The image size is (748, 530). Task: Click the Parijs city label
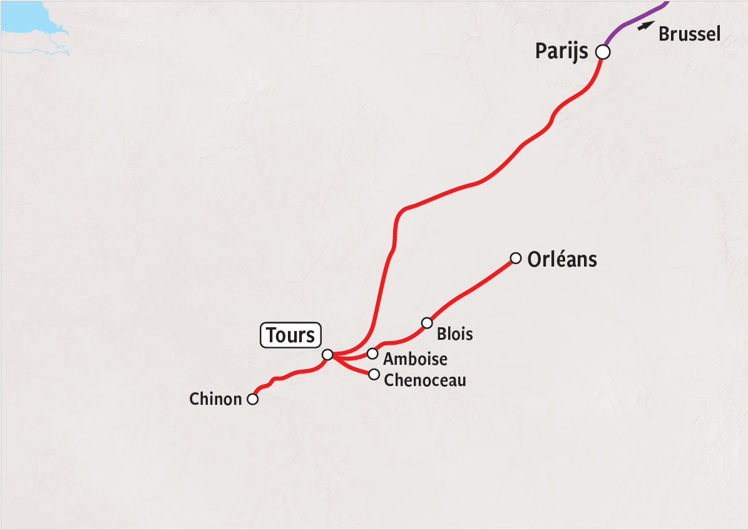561,51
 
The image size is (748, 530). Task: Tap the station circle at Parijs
602,52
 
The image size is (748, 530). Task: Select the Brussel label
690,34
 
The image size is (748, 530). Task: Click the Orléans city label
562,259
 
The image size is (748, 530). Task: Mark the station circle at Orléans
516,258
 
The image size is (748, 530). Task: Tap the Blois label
455,334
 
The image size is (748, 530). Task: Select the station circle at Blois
427,323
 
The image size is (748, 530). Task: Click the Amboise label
416,359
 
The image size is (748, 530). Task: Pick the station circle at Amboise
372,354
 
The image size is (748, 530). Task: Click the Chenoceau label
425,380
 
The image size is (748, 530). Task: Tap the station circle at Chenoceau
374,374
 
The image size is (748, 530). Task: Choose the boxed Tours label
290,335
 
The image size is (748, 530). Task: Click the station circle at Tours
327,355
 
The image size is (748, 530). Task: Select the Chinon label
215,399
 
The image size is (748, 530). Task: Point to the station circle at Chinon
253,399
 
